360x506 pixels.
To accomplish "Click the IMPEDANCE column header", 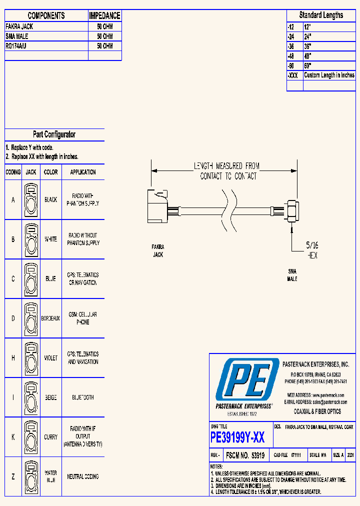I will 104,16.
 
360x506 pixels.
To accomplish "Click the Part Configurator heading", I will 54,134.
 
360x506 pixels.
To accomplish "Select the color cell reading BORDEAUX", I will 50,318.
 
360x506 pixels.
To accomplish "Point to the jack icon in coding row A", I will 31,199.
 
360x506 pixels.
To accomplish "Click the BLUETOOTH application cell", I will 83,397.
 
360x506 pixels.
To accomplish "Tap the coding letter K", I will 13,437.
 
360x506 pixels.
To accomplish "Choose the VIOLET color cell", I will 50,358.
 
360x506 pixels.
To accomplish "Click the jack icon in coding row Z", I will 31,476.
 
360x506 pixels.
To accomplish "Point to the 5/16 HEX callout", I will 311,250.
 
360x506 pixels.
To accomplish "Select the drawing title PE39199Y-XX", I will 237,438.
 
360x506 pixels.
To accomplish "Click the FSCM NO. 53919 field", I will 245,455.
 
